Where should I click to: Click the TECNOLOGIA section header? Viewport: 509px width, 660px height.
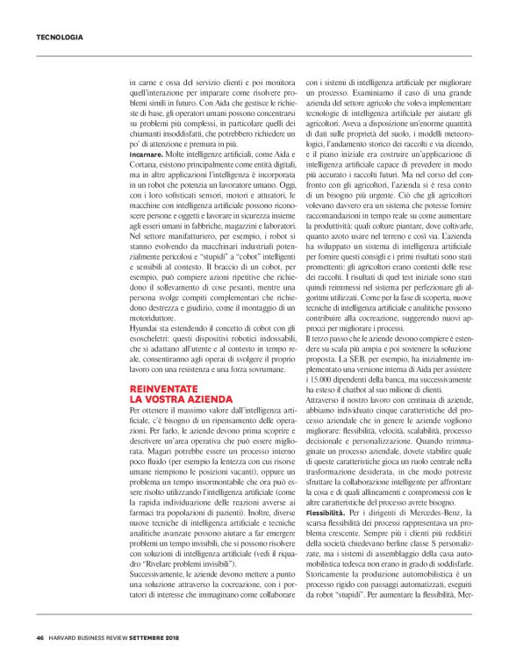tap(60, 37)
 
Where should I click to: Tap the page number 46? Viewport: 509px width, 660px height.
tap(39, 637)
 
